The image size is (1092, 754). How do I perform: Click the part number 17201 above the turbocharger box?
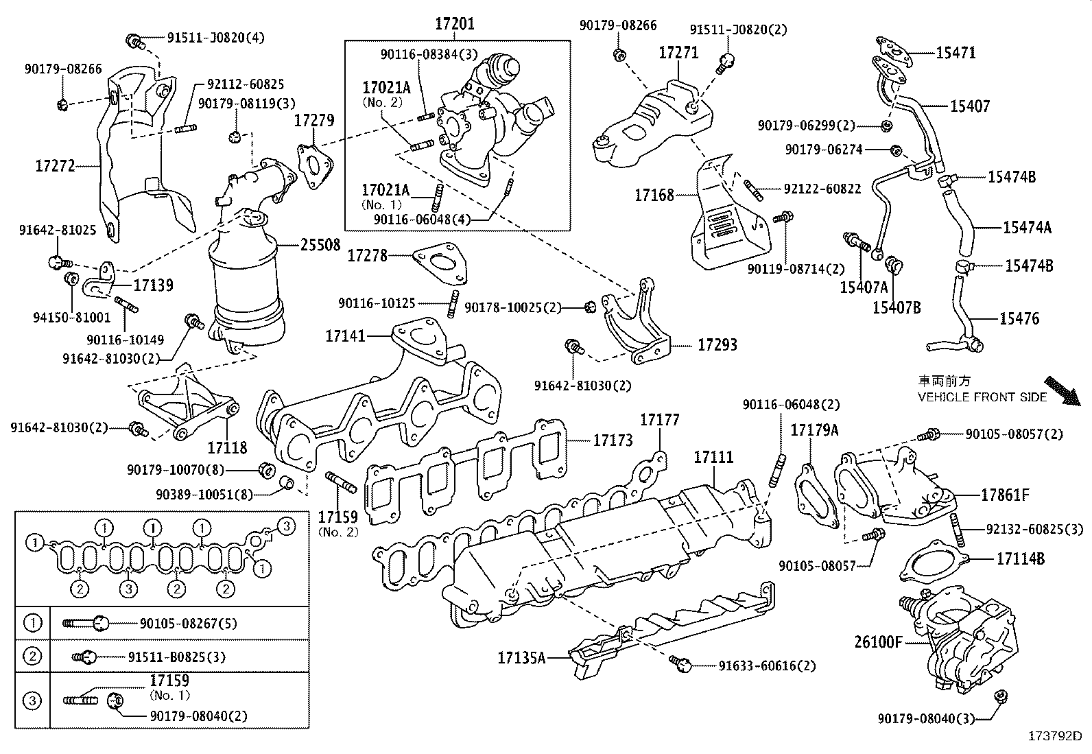point(453,25)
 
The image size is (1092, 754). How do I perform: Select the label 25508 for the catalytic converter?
point(320,244)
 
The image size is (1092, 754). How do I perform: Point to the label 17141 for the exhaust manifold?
point(346,336)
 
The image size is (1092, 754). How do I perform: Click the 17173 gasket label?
point(613,440)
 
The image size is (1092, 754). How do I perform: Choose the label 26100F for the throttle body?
point(879,642)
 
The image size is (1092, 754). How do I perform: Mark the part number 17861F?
point(1005,495)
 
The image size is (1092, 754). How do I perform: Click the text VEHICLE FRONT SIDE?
point(982,397)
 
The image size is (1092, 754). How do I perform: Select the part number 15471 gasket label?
point(955,53)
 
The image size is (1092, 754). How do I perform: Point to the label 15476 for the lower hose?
point(1019,318)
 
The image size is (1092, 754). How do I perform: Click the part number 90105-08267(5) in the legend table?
point(188,624)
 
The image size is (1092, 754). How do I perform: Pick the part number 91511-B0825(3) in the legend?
point(176,657)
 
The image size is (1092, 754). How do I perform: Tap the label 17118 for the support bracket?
point(227,448)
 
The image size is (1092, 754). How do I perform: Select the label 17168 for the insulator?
point(654,195)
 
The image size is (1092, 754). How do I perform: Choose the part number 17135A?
point(521,658)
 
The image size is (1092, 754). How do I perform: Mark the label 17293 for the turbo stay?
point(717,344)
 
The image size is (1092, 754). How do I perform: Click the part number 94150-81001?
point(72,318)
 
